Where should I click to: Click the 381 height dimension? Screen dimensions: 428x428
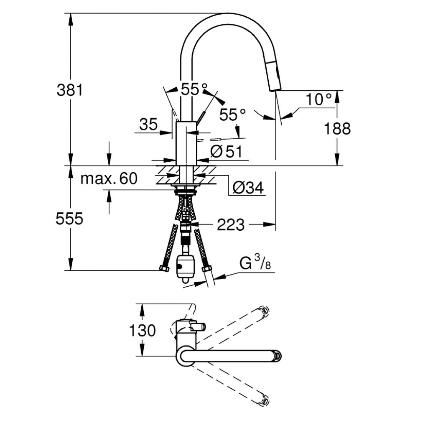(70, 89)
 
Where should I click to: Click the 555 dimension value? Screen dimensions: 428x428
(69, 219)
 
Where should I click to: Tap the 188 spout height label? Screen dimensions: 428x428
(338, 129)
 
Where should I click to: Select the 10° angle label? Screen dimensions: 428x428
(318, 99)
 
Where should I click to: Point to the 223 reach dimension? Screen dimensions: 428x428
(231, 225)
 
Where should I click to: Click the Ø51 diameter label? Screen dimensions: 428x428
(226, 152)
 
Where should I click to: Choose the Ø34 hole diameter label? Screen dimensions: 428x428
(248, 189)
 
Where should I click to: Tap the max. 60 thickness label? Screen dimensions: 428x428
(109, 179)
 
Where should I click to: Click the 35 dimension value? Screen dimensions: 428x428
(148, 125)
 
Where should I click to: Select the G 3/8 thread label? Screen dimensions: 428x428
(254, 264)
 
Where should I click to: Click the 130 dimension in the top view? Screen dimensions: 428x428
(142, 331)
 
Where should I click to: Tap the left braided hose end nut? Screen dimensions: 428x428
(164, 268)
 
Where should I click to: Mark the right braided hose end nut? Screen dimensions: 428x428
(206, 268)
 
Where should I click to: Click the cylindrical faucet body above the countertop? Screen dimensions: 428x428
(186, 143)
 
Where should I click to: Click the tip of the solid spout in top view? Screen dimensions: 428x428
(277, 356)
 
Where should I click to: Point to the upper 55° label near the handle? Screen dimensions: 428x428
(194, 88)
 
